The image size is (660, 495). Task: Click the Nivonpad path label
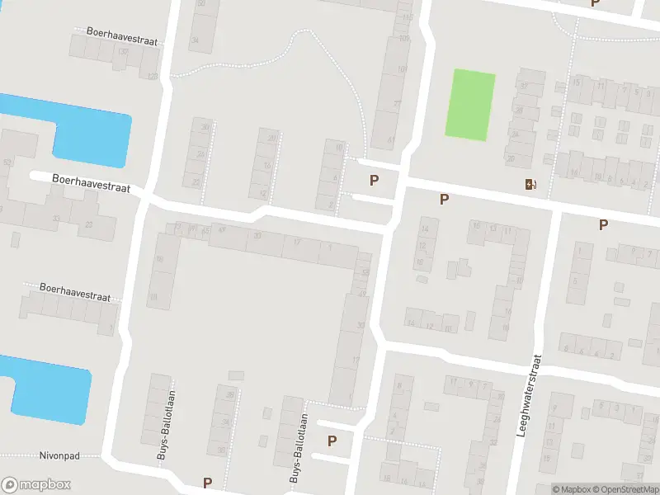click(57, 455)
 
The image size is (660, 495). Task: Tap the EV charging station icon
click(529, 184)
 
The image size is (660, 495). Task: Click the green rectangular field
click(471, 104)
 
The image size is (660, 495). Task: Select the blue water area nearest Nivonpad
click(49, 388)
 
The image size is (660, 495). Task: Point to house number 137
click(124, 52)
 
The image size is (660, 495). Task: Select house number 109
click(403, 38)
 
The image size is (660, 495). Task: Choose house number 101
click(403, 69)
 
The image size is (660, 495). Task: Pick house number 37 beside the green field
click(523, 86)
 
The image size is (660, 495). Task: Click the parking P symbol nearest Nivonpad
click(207, 483)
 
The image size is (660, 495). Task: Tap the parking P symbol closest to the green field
click(445, 199)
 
